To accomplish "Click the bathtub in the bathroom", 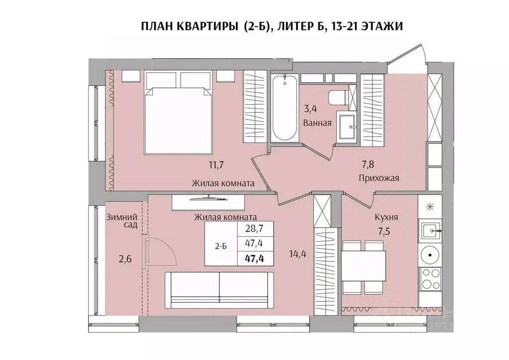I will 285,108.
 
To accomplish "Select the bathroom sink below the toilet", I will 347,127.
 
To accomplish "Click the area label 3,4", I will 311,106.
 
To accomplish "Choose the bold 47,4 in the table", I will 255,258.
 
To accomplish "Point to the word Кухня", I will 386,217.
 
